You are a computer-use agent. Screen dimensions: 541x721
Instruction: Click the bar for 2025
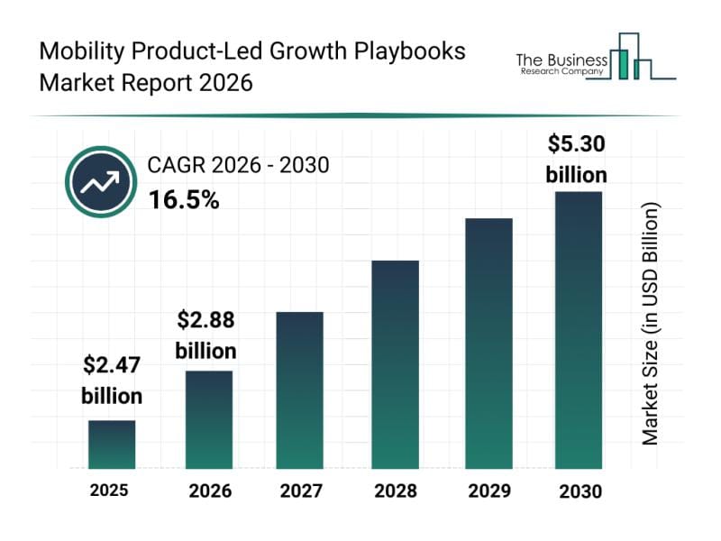[112, 445]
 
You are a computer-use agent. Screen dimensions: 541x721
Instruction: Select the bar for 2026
[209, 419]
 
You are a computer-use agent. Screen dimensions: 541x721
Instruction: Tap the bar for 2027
[299, 390]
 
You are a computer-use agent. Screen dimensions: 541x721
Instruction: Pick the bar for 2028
[395, 364]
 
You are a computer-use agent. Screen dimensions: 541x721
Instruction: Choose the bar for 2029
[488, 344]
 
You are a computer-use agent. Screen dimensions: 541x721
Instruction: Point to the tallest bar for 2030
[578, 330]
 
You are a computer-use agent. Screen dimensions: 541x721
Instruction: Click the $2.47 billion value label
[112, 380]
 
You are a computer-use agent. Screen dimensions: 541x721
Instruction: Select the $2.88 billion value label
[205, 334]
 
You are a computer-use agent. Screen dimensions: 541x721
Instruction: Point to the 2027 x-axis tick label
[299, 491]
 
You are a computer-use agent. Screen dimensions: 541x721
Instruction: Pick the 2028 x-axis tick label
[395, 491]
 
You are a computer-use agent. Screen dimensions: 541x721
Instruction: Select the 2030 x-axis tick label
[578, 491]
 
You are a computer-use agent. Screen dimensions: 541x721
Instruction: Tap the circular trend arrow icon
[100, 183]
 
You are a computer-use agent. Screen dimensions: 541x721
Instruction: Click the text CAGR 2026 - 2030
[238, 165]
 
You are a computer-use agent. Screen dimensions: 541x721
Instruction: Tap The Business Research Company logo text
[560, 64]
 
